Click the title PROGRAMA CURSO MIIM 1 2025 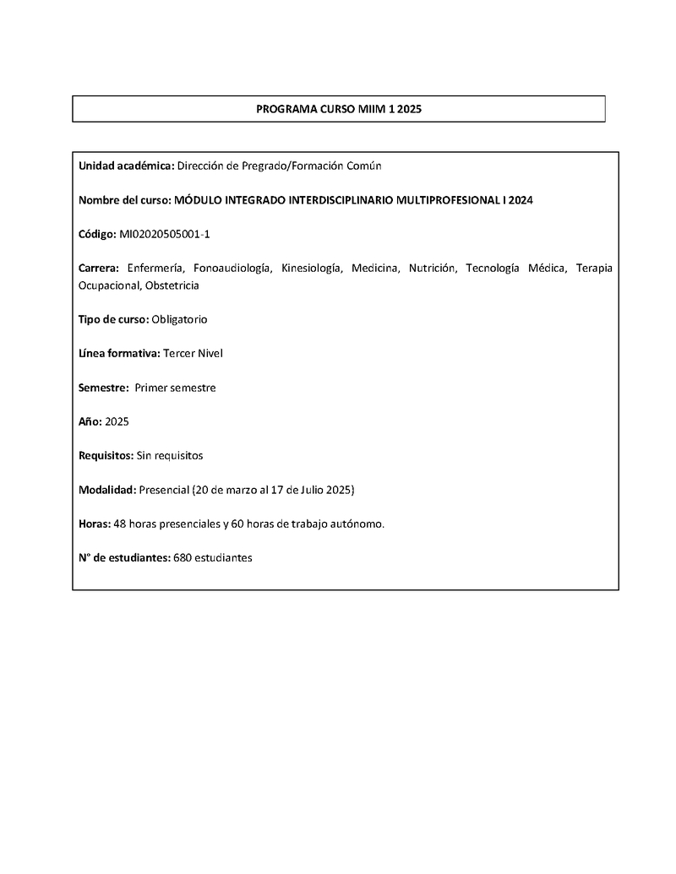tap(338, 110)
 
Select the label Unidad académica tap(126, 166)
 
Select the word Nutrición tap(432, 269)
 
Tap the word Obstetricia tap(172, 285)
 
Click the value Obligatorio tap(179, 319)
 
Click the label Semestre tap(103, 388)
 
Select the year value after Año tap(117, 421)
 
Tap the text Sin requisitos tap(169, 455)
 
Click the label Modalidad tap(107, 490)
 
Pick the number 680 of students tap(182, 557)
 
